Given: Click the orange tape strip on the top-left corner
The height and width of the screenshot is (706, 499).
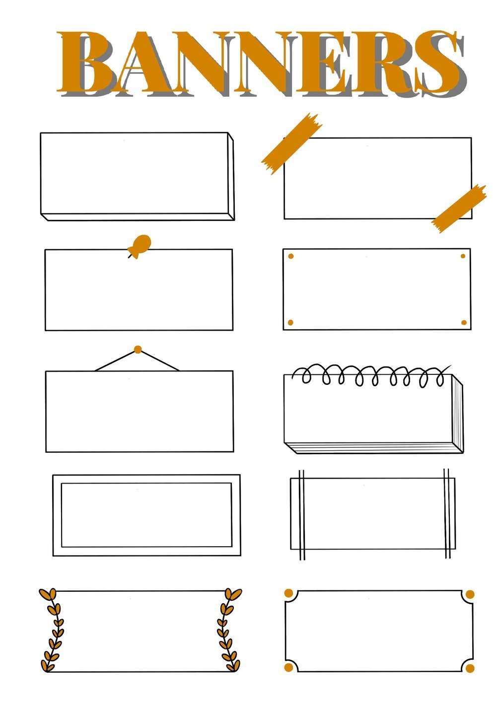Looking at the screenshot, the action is pyautogui.click(x=291, y=143).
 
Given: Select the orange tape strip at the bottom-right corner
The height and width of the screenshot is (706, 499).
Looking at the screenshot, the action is pyautogui.click(x=459, y=209).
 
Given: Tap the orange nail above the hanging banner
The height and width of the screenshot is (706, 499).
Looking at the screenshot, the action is pyautogui.click(x=138, y=349).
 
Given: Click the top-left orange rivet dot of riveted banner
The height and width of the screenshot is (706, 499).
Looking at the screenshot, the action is pyautogui.click(x=290, y=256).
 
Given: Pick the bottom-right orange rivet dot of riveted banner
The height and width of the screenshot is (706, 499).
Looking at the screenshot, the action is pyautogui.click(x=464, y=322).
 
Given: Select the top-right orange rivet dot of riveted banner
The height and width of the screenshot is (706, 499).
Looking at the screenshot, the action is pyautogui.click(x=463, y=256).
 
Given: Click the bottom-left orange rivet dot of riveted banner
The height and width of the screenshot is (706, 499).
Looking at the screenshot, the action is pyautogui.click(x=290, y=322).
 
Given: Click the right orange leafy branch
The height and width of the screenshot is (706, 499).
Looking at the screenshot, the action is pyautogui.click(x=229, y=631).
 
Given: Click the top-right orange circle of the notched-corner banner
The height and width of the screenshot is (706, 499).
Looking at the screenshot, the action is pyautogui.click(x=470, y=594).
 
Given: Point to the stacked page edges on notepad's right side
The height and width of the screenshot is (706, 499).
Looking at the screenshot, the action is pyautogui.click(x=458, y=414).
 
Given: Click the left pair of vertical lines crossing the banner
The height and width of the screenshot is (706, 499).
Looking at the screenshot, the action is pyautogui.click(x=302, y=514).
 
